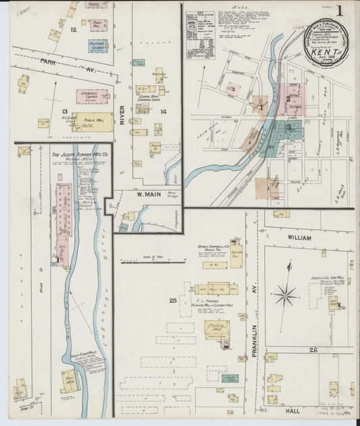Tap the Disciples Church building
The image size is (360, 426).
98,47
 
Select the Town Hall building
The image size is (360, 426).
99,26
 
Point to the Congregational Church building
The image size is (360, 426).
91,97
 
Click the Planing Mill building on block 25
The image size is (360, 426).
217,330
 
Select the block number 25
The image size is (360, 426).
173,299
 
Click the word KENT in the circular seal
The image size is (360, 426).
327,51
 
